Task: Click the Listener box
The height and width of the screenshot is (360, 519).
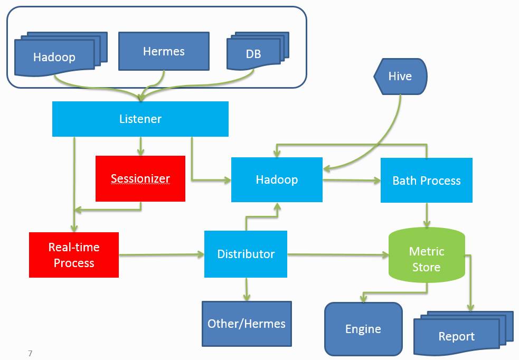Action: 140,119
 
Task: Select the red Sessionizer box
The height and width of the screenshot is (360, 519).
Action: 140,178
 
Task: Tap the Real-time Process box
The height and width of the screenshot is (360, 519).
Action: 74,255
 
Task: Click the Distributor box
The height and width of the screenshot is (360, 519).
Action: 246,254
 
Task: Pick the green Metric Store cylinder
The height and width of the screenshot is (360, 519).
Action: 427,255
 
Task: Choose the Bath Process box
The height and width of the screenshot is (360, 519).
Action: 426,181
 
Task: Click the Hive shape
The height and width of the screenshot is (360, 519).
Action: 400,77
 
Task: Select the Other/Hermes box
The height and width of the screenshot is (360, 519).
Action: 247,324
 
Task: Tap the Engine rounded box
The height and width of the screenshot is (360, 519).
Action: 363,329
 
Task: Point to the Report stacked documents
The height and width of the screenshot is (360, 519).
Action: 464,333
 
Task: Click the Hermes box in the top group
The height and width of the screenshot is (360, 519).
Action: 164,51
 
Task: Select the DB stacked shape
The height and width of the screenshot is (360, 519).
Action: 258,51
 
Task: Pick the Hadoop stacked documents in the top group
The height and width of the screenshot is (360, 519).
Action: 61,54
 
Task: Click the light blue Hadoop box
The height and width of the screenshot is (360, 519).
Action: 277,179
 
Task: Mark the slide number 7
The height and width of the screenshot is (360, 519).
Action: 30,353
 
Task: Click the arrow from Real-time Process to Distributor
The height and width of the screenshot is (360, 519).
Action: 162,254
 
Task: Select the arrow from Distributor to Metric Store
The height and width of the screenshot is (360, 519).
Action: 338,254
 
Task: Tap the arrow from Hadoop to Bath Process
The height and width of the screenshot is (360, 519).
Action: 352,181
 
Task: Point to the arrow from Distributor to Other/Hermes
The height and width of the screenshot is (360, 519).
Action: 246,289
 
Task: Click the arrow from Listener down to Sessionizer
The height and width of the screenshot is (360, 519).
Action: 140,146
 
